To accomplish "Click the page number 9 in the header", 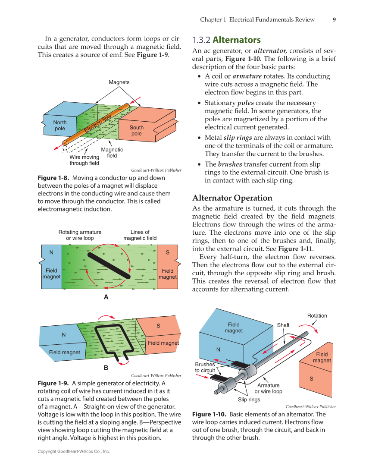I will coord(335,19).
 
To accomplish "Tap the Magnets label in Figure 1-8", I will coord(119,82).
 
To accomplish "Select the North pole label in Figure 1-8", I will coord(60,126).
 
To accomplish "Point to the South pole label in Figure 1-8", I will coord(137,130).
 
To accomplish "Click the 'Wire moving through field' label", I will coord(84,160).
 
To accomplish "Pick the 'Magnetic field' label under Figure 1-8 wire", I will coord(112,152).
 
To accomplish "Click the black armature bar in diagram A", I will coord(109,265).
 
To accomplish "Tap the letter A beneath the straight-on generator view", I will coord(106,297).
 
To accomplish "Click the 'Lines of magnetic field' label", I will coord(140,235).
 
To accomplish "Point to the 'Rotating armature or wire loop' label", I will coord(80,235).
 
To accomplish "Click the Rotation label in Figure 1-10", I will coord(317,315).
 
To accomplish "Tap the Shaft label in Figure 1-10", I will coord(283,325).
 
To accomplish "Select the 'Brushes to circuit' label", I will coord(205,367).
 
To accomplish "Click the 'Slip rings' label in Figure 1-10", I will coord(249,400).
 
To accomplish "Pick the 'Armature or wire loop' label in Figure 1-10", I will coord(268,388).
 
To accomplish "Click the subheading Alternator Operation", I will coord(232,198).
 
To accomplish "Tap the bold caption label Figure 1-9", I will coord(53,383).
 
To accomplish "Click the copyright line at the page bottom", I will coord(74,451).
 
